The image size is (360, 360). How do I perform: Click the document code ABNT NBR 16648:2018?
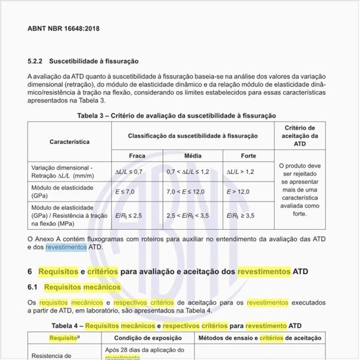[63, 29]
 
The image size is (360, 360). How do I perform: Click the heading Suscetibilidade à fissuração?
[97, 61]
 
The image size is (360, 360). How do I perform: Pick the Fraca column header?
[137, 156]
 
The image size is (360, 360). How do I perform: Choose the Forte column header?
[248, 156]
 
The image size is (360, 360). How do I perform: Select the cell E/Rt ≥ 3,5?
[241, 215]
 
